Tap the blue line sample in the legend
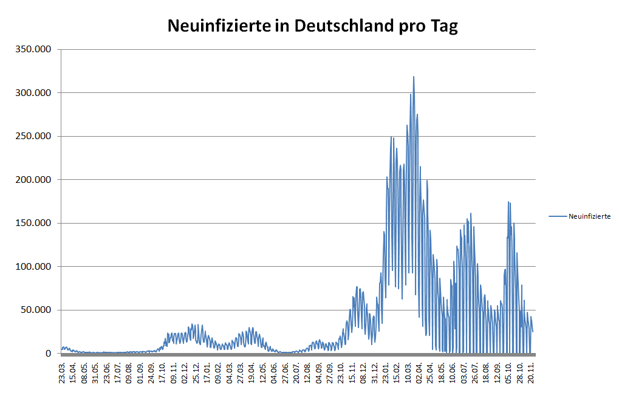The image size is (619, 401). (557, 216)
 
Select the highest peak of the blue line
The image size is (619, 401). (414, 77)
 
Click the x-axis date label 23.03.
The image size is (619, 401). (63, 372)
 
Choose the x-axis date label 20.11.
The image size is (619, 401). (530, 372)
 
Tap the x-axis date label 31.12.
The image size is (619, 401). (374, 372)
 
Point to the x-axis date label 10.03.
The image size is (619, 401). (408, 372)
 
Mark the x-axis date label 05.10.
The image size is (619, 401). (508, 372)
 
